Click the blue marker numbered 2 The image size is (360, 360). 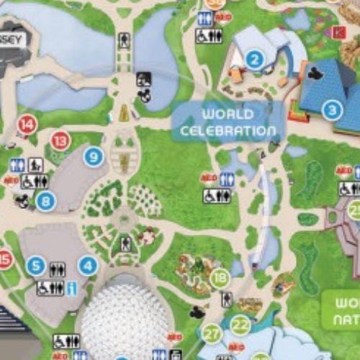coord(253,60)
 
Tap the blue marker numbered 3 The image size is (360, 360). coord(331,110)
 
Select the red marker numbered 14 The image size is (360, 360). coord(27,125)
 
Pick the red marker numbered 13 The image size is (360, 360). coord(60,140)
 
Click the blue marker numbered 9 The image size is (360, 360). coord(93,156)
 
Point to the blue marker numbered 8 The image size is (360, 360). coord(45,202)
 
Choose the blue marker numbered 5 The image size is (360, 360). coord(36,266)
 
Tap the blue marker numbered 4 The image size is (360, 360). coord(88,266)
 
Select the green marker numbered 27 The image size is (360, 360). coord(212,333)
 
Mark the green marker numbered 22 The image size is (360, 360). coord(240,326)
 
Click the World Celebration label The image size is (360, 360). coord(228,122)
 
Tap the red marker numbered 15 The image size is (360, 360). coord(5,259)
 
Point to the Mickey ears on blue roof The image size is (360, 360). coord(315,73)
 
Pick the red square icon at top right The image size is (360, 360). coord(340,32)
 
